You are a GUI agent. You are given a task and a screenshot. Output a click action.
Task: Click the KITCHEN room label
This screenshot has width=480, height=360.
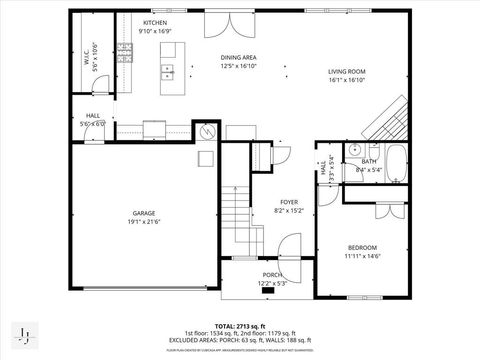tap(154, 22)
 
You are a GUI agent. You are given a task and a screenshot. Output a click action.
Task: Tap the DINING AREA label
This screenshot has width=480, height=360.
tap(239, 58)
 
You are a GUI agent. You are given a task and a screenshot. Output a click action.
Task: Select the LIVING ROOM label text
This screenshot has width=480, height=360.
tap(347, 72)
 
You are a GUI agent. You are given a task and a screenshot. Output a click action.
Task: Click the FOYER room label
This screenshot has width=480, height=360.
tap(288, 202)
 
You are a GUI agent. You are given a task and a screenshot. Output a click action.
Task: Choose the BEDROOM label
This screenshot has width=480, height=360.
tap(362, 247)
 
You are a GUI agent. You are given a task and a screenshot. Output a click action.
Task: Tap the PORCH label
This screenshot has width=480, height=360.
tap(272, 275)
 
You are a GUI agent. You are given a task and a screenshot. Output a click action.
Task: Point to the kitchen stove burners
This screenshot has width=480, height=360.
tap(126, 53)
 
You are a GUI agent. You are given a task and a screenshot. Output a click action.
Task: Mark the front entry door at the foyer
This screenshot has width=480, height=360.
tap(288, 246)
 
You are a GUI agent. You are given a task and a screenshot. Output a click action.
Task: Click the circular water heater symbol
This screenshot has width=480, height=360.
tap(207, 132)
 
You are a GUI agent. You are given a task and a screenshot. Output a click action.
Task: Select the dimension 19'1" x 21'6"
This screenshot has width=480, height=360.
tap(144, 222)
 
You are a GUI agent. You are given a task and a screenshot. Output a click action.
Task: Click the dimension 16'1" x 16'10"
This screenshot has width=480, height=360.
tap(347, 81)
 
